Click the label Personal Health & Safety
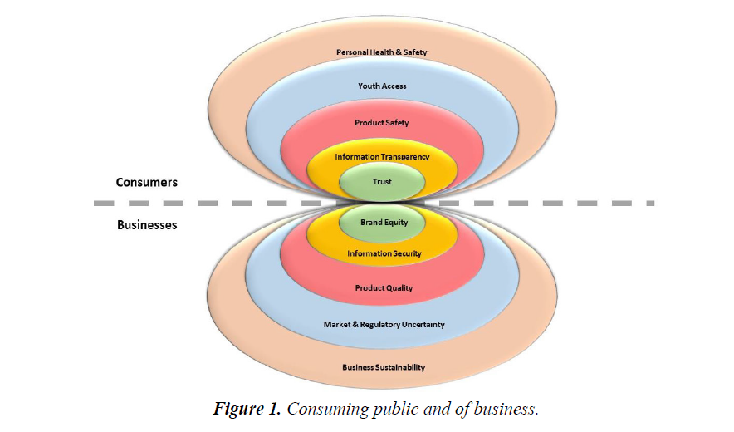382,52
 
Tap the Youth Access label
382,86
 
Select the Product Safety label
382,123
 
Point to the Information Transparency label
382,156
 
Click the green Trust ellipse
382,181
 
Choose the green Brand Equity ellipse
383,223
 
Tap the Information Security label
384,253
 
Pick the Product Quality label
384,288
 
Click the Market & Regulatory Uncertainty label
384,324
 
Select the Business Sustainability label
384,367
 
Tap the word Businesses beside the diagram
146,224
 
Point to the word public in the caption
389,409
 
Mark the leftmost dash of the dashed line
102,203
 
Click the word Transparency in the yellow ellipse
404,156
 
